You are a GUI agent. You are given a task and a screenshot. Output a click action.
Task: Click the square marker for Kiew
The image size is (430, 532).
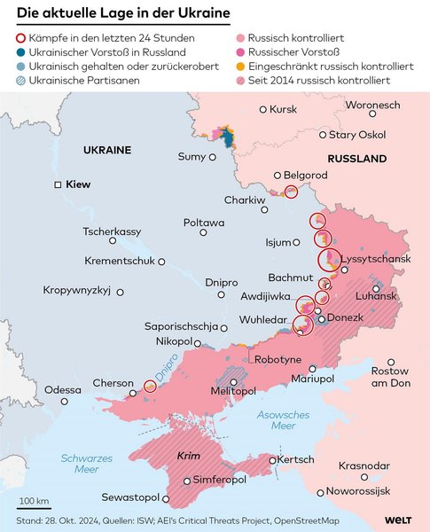point(58,184)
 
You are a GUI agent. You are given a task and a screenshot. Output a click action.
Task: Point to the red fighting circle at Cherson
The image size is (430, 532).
point(151,387)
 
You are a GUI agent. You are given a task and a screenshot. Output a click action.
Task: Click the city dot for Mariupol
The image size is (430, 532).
point(311,368)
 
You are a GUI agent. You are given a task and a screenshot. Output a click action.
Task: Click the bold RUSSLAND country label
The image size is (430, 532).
point(356,159)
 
